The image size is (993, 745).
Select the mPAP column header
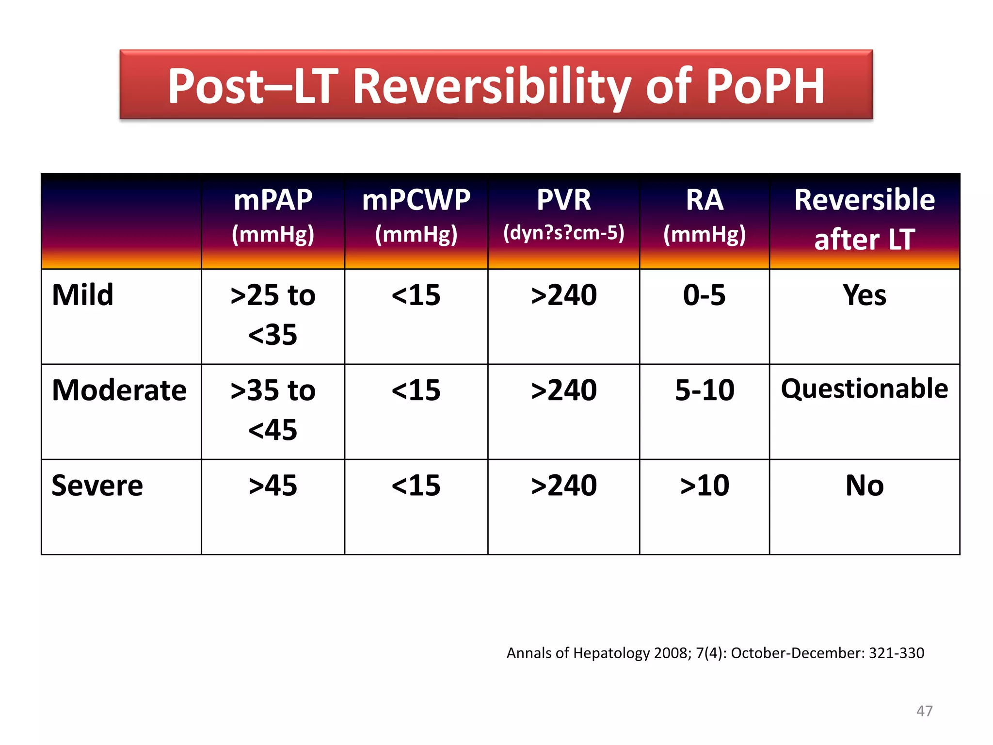tap(273, 216)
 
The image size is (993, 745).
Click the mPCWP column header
tap(416, 216)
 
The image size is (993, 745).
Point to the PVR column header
tap(563, 216)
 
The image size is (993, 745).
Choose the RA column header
tap(705, 216)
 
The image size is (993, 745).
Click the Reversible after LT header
tap(865, 219)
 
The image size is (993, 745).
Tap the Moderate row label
tap(119, 390)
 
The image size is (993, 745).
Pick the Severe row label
tap(97, 486)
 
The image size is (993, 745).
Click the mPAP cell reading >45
tap(273, 486)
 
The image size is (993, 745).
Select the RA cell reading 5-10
tap(705, 390)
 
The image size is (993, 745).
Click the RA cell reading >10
tap(705, 486)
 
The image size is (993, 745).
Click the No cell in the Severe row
tap(865, 486)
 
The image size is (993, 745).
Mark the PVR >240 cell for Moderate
tap(563, 390)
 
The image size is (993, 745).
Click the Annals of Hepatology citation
tap(715, 653)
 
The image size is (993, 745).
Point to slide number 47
tap(924, 711)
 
